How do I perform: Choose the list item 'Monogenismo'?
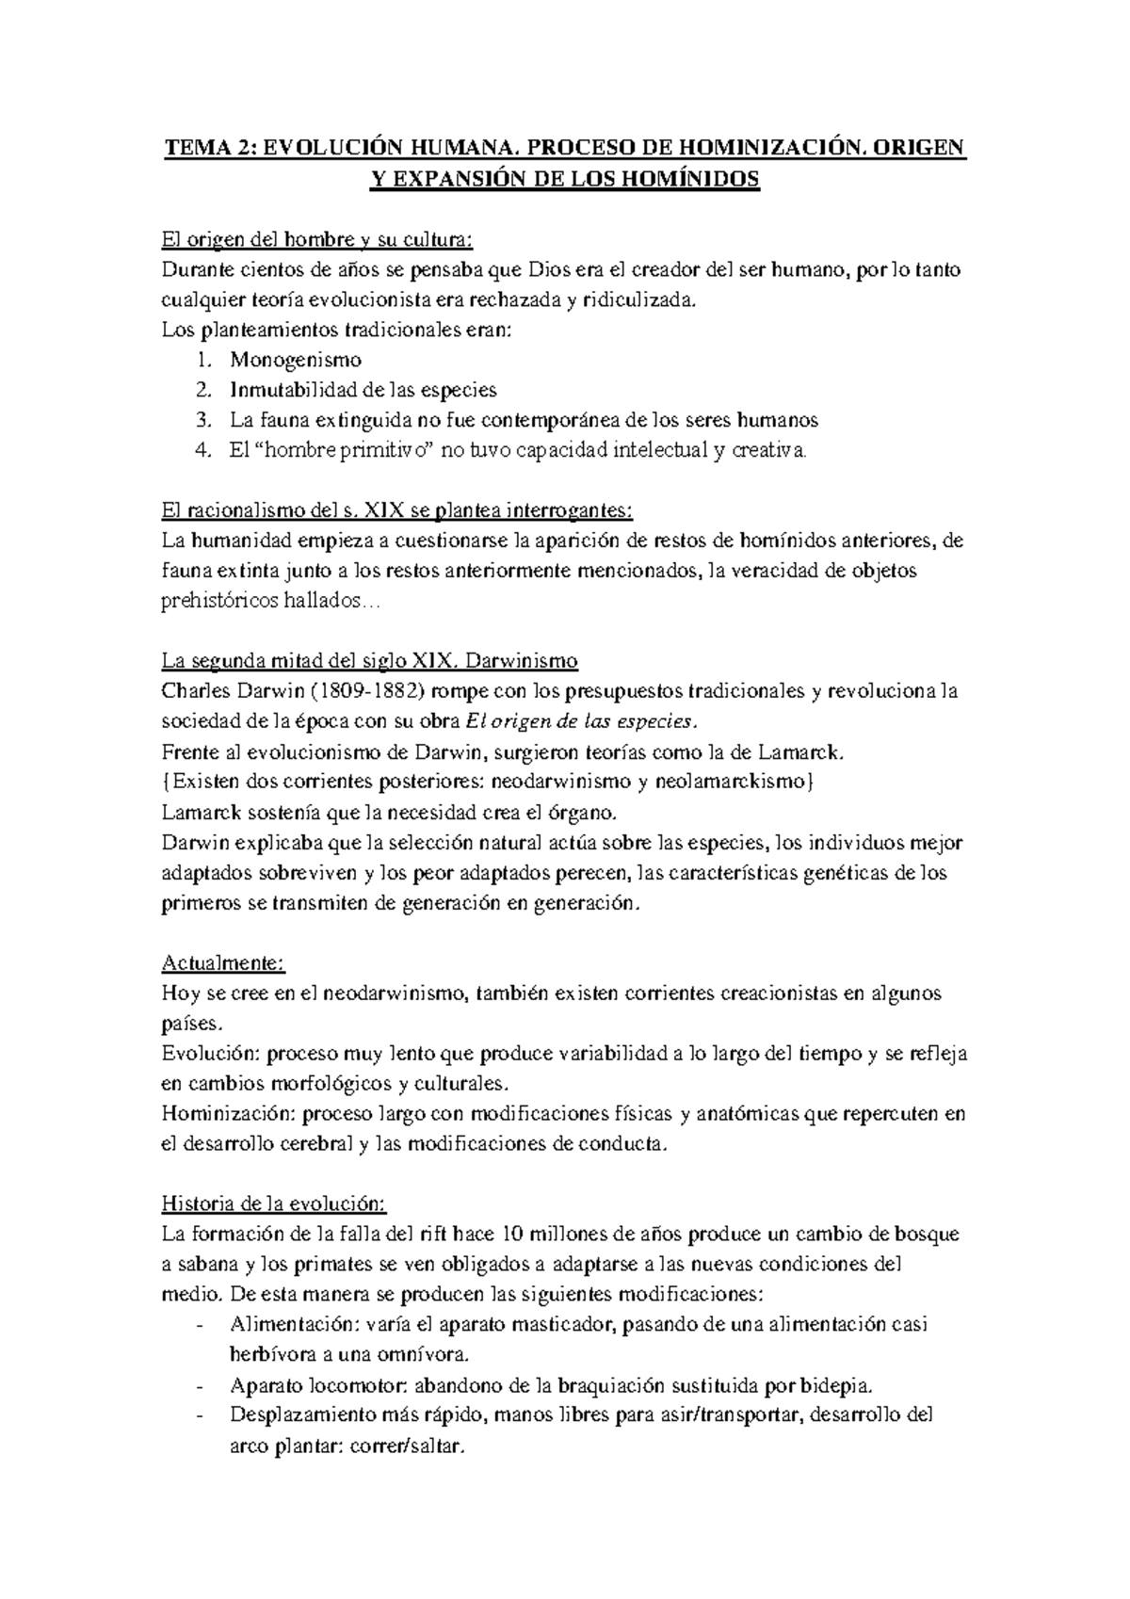pos(296,360)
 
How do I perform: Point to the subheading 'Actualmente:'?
pos(223,963)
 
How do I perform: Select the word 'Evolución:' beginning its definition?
pos(207,1053)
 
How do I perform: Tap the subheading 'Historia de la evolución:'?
pos(274,1204)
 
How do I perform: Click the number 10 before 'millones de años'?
pos(513,1235)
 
